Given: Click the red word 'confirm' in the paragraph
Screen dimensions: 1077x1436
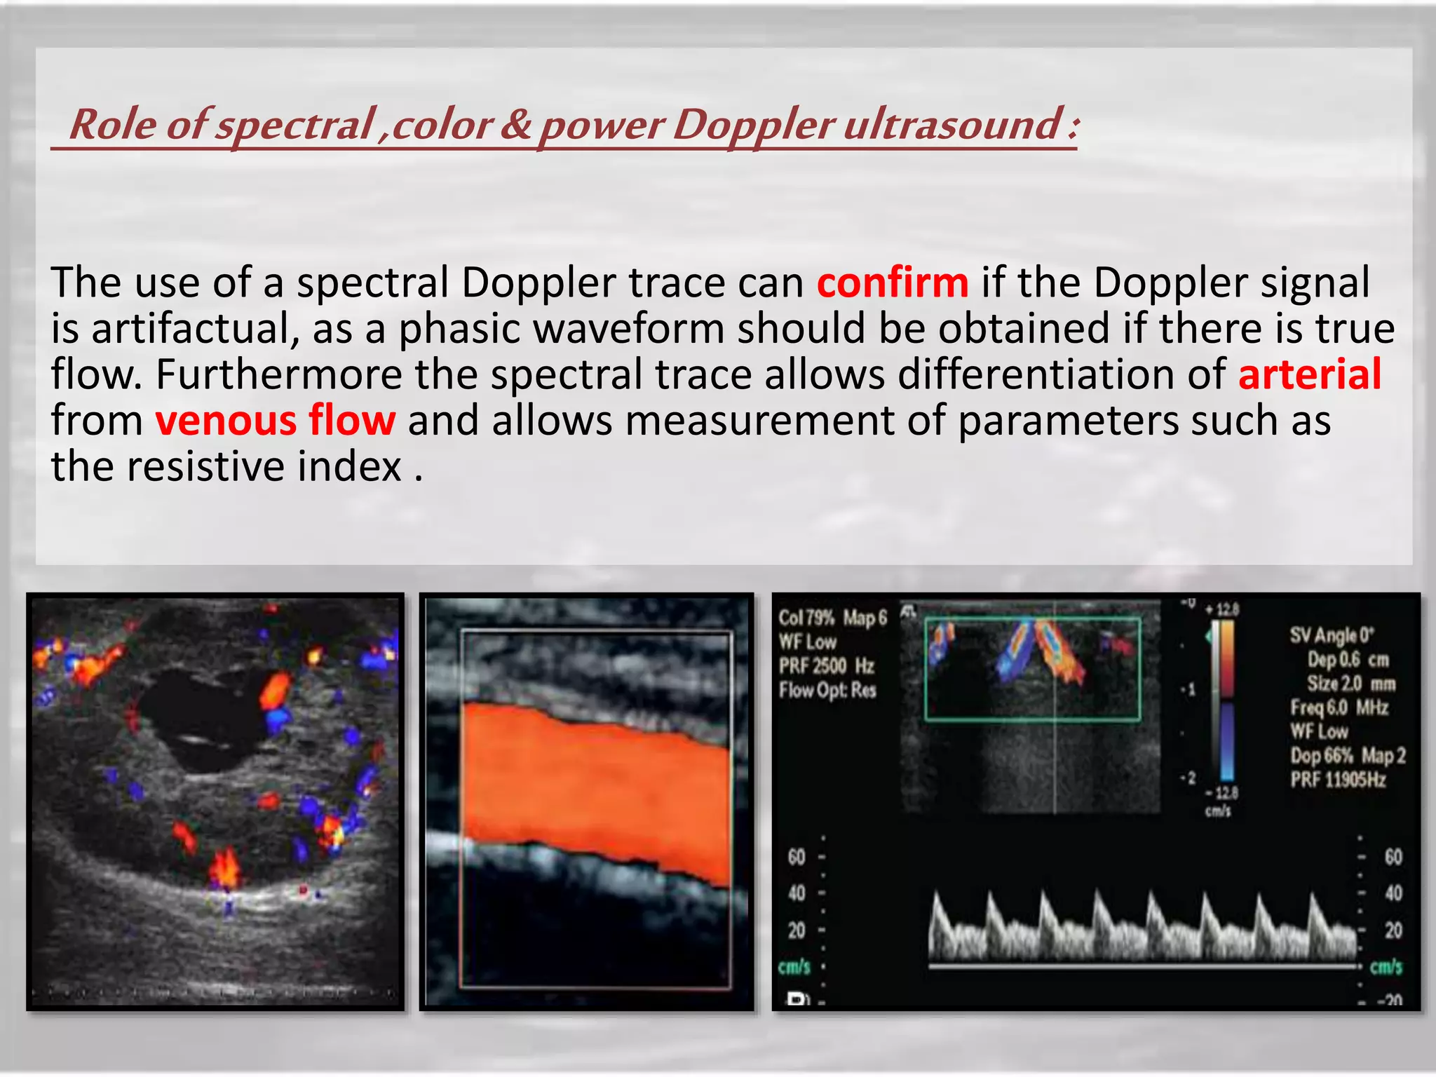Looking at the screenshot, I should click(x=893, y=283).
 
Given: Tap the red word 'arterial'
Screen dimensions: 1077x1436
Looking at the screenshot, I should click(x=1309, y=374).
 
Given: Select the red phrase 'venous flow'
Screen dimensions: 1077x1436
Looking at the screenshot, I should click(x=276, y=421).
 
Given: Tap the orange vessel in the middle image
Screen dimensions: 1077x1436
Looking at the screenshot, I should click(x=596, y=792).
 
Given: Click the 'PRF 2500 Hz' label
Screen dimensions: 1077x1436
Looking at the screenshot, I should click(x=827, y=665).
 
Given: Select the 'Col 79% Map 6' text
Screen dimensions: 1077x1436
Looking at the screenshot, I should click(x=832, y=618).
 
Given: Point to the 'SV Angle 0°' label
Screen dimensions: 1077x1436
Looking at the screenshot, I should click(x=1332, y=635).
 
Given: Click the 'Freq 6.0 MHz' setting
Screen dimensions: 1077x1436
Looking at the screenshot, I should click(x=1339, y=707).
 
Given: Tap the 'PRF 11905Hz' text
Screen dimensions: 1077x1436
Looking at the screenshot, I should click(x=1338, y=780).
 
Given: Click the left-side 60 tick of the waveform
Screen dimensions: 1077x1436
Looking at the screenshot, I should click(x=797, y=857).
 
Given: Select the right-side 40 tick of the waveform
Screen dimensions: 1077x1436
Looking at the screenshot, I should click(x=1393, y=893).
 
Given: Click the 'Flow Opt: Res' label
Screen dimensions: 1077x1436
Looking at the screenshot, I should click(x=827, y=690).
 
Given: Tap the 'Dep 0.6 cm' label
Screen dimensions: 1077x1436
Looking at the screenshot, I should click(x=1348, y=660).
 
